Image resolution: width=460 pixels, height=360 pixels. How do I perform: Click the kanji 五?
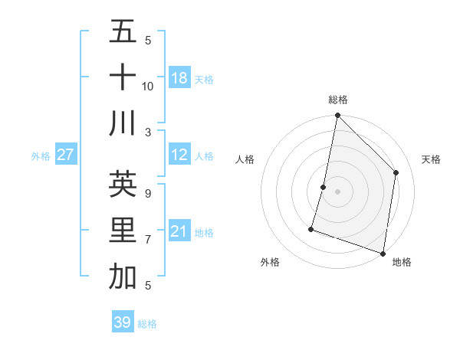(x=123, y=32)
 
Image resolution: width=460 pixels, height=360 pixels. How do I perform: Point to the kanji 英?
(x=123, y=184)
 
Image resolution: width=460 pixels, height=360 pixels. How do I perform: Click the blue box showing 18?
(x=179, y=78)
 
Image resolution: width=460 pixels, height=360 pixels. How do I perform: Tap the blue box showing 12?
(x=179, y=155)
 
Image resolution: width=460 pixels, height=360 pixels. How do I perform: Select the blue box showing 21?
(x=179, y=231)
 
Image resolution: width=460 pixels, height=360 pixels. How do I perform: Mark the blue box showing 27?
(x=65, y=155)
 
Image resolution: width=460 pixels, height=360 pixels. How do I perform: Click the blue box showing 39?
(x=123, y=322)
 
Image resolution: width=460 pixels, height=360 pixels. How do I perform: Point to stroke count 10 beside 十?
(x=148, y=86)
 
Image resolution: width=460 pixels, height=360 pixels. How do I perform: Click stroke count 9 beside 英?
(x=148, y=193)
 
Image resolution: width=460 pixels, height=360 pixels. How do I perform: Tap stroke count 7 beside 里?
(x=148, y=240)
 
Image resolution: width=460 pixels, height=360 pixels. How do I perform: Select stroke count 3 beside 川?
(x=148, y=132)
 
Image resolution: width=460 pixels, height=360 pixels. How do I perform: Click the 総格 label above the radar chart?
(x=338, y=100)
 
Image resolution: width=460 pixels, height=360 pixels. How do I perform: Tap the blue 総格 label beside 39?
(x=147, y=324)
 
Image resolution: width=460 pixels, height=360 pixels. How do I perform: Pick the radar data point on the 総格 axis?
(x=337, y=116)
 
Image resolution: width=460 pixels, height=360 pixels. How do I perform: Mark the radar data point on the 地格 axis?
(x=383, y=253)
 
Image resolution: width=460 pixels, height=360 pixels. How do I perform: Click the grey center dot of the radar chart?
(x=337, y=191)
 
